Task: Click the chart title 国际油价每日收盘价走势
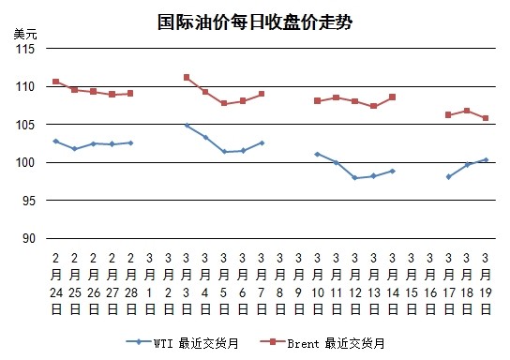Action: [255, 22]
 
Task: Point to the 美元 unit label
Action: [25, 34]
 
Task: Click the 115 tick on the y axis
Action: [25, 49]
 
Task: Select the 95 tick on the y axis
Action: [28, 201]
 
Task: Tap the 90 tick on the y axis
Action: [28, 239]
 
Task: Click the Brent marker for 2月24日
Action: [56, 82]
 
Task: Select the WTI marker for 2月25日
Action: [75, 149]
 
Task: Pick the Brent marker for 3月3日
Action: [187, 78]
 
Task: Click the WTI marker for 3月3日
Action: [187, 126]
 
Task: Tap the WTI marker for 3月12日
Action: [355, 178]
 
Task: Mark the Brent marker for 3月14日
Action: [392, 97]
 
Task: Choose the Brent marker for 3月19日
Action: [486, 118]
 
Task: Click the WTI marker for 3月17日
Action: [448, 177]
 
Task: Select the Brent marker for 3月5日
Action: [224, 103]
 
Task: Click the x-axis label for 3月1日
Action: [149, 284]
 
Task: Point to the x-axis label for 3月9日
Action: [298, 284]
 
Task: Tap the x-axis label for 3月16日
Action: [429, 284]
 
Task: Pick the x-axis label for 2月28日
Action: [130, 284]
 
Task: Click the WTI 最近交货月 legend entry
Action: [182, 343]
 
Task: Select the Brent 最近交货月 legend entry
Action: [322, 343]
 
